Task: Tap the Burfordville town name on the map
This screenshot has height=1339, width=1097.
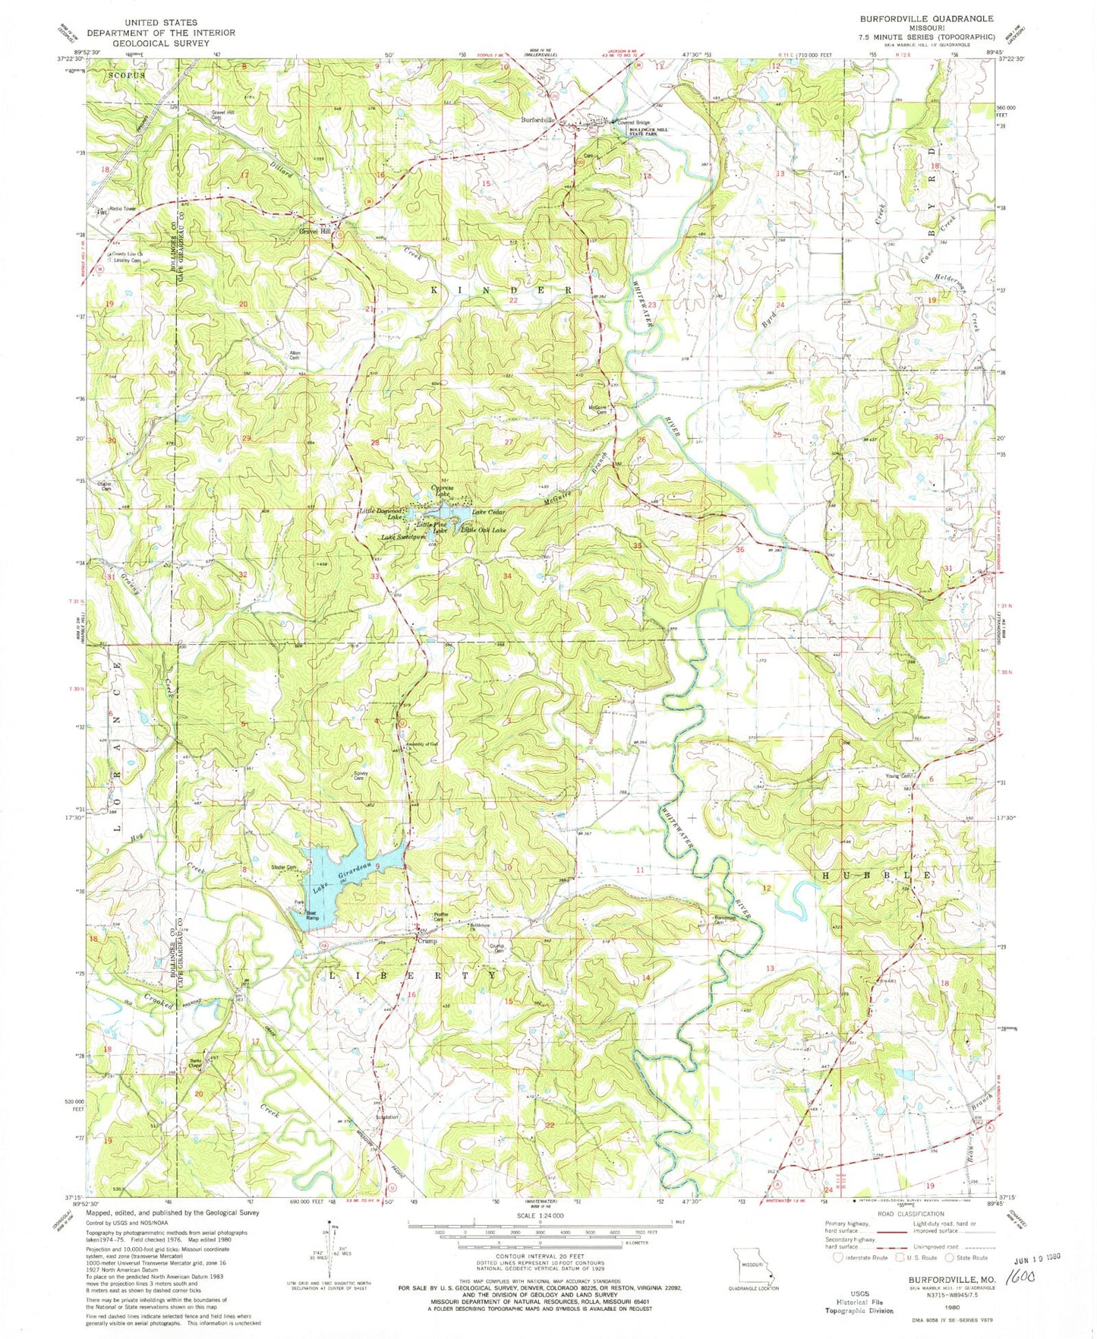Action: tap(539, 120)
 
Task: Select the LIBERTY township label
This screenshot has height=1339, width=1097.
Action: tap(413, 974)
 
